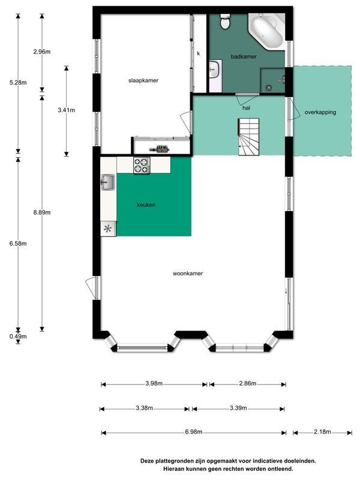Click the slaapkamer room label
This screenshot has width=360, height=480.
(143, 80)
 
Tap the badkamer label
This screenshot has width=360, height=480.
(244, 56)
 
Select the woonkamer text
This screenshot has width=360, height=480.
(188, 274)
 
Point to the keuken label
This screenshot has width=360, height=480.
(146, 205)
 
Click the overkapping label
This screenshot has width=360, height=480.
(320, 112)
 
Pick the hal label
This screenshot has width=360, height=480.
(246, 108)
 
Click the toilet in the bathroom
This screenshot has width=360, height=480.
(226, 22)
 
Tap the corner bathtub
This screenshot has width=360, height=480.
(266, 31)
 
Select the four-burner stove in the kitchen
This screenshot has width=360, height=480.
(142, 166)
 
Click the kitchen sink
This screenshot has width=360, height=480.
(108, 182)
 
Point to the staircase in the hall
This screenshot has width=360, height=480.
(248, 137)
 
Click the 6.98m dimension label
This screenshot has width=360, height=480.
(193, 431)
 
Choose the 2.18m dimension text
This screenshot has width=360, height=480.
(322, 431)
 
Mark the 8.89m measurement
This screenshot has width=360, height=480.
(42, 212)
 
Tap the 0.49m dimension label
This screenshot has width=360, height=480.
(18, 337)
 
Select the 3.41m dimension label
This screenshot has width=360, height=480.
(67, 110)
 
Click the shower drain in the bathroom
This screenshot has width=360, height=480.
(268, 88)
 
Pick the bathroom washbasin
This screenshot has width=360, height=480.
(214, 70)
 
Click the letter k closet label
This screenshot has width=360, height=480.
(199, 53)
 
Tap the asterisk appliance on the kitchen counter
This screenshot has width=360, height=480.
(108, 229)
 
